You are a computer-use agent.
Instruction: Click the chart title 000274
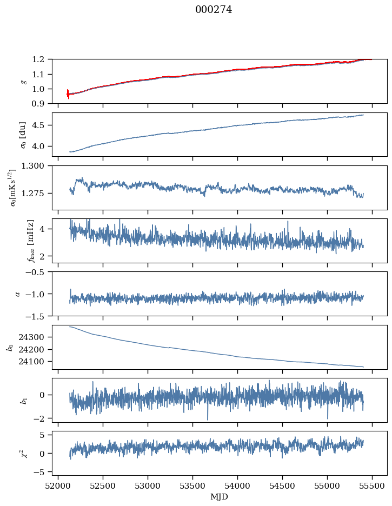(214, 10)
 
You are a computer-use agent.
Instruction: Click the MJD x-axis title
(220, 496)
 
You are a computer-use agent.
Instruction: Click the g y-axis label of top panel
(23, 81)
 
